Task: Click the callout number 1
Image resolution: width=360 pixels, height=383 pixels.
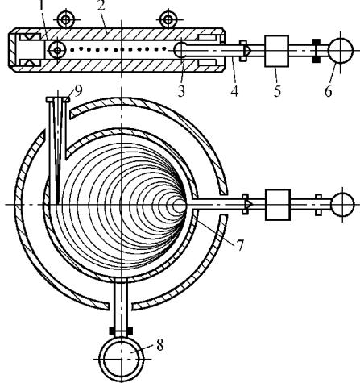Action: tap(41, 6)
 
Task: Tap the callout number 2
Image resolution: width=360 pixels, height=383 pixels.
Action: tap(101, 6)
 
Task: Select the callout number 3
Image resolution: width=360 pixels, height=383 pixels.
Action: tap(181, 91)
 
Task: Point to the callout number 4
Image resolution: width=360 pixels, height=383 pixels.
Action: tap(234, 91)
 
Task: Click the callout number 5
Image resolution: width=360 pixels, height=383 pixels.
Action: tap(277, 91)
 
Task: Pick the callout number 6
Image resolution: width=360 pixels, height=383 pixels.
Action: tap(328, 91)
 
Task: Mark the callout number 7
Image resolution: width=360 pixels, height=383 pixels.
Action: tap(240, 245)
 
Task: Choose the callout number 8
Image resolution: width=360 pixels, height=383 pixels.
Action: tap(159, 345)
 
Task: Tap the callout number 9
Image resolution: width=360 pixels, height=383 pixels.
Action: tap(78, 91)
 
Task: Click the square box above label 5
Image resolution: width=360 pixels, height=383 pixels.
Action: tap(277, 51)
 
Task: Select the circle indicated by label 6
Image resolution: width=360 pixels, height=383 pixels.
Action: tap(341, 51)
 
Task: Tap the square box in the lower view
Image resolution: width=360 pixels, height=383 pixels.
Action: tap(278, 205)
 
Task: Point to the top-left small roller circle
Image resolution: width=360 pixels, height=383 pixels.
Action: tap(65, 19)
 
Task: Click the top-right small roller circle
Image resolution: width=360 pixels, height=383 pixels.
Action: tap(168, 19)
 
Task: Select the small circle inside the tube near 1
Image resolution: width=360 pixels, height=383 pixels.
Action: tap(57, 50)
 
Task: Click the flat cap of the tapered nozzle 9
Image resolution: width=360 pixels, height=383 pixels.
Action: tap(58, 99)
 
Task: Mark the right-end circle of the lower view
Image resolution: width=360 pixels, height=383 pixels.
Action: tap(342, 205)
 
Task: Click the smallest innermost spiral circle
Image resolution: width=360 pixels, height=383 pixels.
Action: tap(179, 206)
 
